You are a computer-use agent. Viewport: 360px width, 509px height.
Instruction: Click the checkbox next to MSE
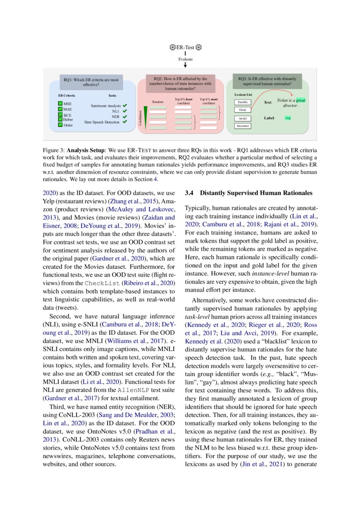(60, 104)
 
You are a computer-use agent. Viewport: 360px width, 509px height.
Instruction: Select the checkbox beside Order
(60, 125)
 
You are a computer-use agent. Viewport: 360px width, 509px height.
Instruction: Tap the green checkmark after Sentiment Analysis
(124, 105)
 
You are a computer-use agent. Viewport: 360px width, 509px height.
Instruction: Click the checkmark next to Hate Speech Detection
(124, 122)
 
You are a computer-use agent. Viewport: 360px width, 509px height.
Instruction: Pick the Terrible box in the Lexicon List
(242, 102)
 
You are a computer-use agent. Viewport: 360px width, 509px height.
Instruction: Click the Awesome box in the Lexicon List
(242, 126)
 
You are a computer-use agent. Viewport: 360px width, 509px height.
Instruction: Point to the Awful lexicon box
(242, 118)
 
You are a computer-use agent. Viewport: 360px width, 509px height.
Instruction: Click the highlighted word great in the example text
(301, 100)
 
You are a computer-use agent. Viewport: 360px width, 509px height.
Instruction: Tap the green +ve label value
(288, 118)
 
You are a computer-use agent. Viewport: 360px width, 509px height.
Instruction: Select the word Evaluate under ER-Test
(185, 59)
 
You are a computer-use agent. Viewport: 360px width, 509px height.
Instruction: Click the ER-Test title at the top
(185, 47)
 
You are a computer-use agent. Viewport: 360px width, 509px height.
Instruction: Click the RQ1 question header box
(91, 82)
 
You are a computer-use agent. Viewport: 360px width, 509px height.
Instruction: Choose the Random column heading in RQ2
(158, 101)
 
